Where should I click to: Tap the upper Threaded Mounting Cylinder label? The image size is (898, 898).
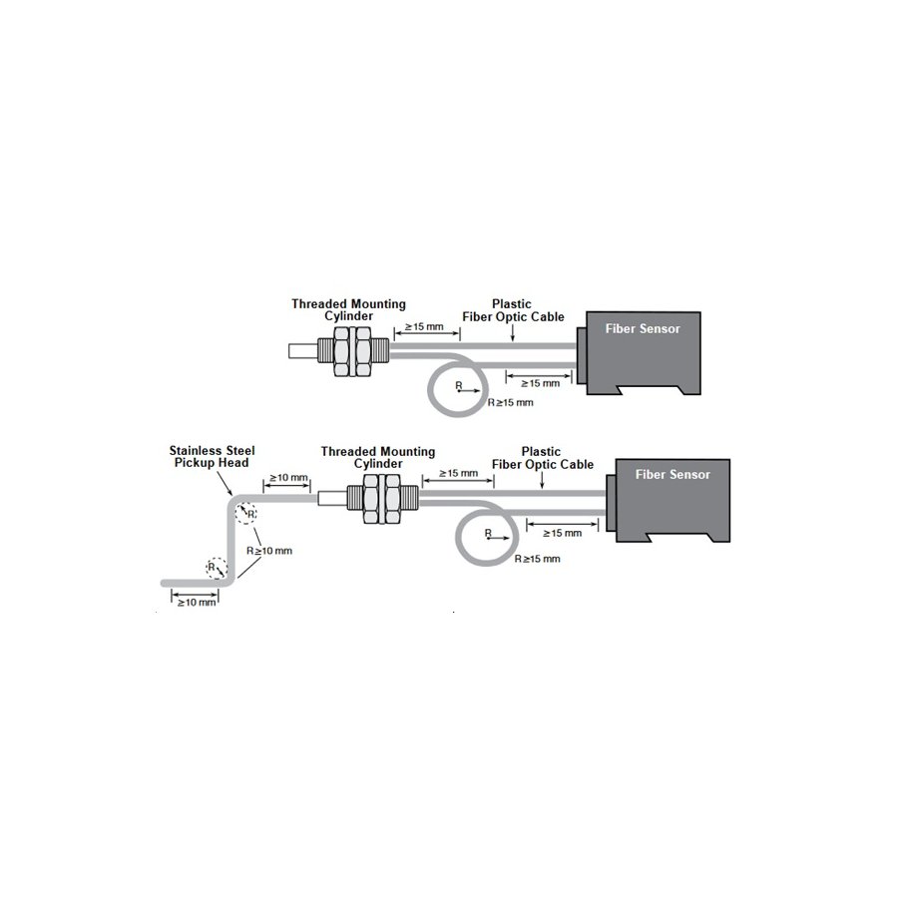[x=348, y=310]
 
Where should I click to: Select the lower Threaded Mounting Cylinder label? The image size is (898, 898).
[x=378, y=458]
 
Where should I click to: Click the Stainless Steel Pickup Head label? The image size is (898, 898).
[x=212, y=456]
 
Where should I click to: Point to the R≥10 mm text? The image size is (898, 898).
[x=269, y=551]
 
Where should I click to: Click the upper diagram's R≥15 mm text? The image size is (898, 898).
[x=510, y=403]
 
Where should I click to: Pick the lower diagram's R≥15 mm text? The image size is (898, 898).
[x=537, y=559]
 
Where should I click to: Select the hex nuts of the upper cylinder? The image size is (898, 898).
[x=352, y=351]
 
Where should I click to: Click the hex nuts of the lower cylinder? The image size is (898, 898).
[x=382, y=498]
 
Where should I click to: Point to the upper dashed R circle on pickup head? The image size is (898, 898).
[x=246, y=513]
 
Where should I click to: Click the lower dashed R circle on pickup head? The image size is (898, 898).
[x=217, y=568]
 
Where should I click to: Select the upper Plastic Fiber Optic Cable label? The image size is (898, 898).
[x=513, y=310]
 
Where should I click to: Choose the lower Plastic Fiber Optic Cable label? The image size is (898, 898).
[x=543, y=458]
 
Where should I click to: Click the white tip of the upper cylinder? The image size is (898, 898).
[x=303, y=351]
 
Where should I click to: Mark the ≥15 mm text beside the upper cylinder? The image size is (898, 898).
[x=424, y=327]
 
